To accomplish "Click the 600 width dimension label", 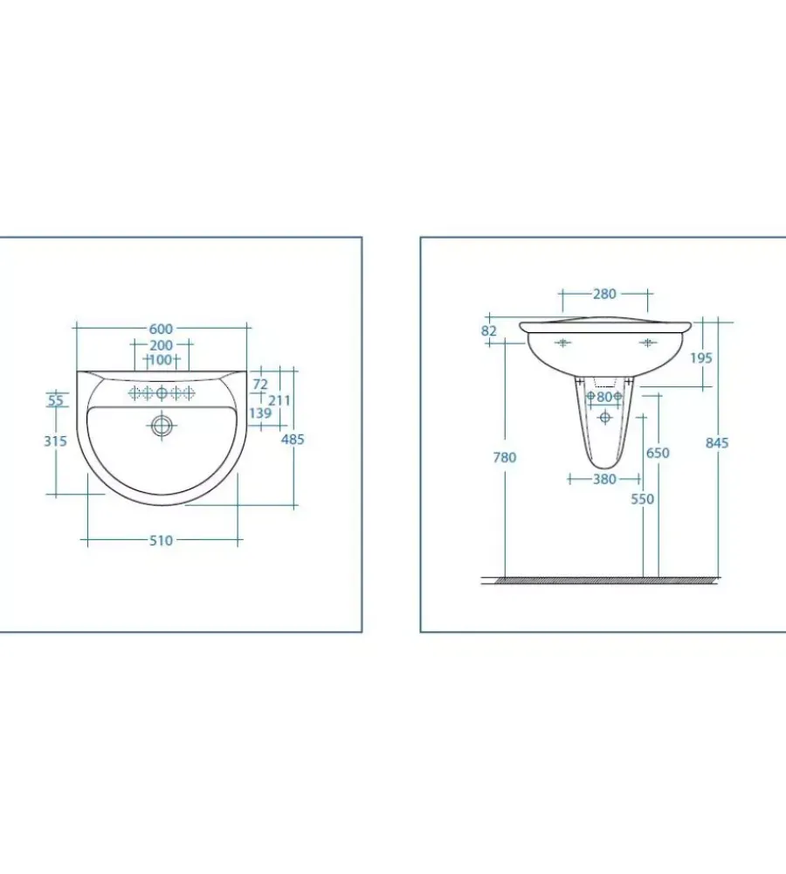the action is [161, 329].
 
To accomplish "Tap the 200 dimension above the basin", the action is [161, 345].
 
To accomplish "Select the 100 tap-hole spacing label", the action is [161, 360].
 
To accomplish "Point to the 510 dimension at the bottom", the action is [161, 540].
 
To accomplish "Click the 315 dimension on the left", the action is [56, 440].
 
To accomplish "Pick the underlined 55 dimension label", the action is [56, 400].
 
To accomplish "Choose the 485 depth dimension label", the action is [293, 440].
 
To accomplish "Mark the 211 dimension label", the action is [279, 400].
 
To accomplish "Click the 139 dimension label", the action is [260, 413].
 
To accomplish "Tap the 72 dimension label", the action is [260, 384].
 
